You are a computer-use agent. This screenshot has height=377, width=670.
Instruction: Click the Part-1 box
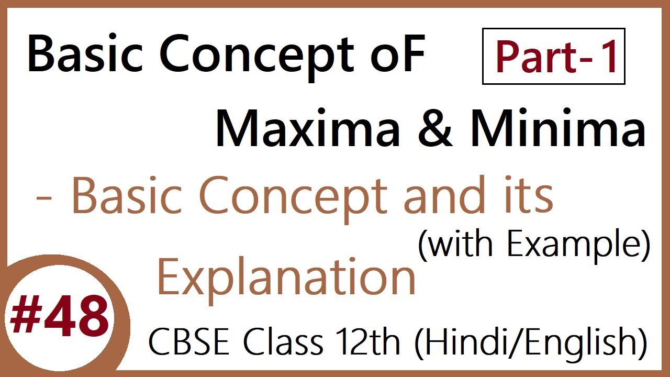(x=554, y=57)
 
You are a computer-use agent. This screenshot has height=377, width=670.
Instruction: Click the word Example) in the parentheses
(x=578, y=245)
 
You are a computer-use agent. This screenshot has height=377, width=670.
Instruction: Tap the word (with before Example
(x=453, y=245)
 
